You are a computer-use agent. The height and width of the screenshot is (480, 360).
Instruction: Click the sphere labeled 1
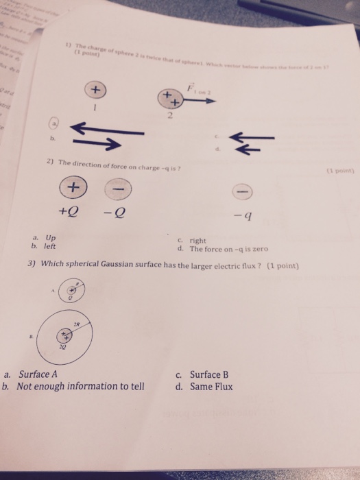[x=96, y=91]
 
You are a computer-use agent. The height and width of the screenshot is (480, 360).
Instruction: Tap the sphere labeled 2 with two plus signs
[x=171, y=98]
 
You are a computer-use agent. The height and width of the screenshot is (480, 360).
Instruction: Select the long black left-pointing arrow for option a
[x=108, y=128]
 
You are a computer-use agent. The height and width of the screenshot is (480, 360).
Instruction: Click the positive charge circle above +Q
[x=72, y=187]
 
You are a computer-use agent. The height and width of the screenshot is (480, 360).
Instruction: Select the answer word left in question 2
[x=49, y=245]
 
